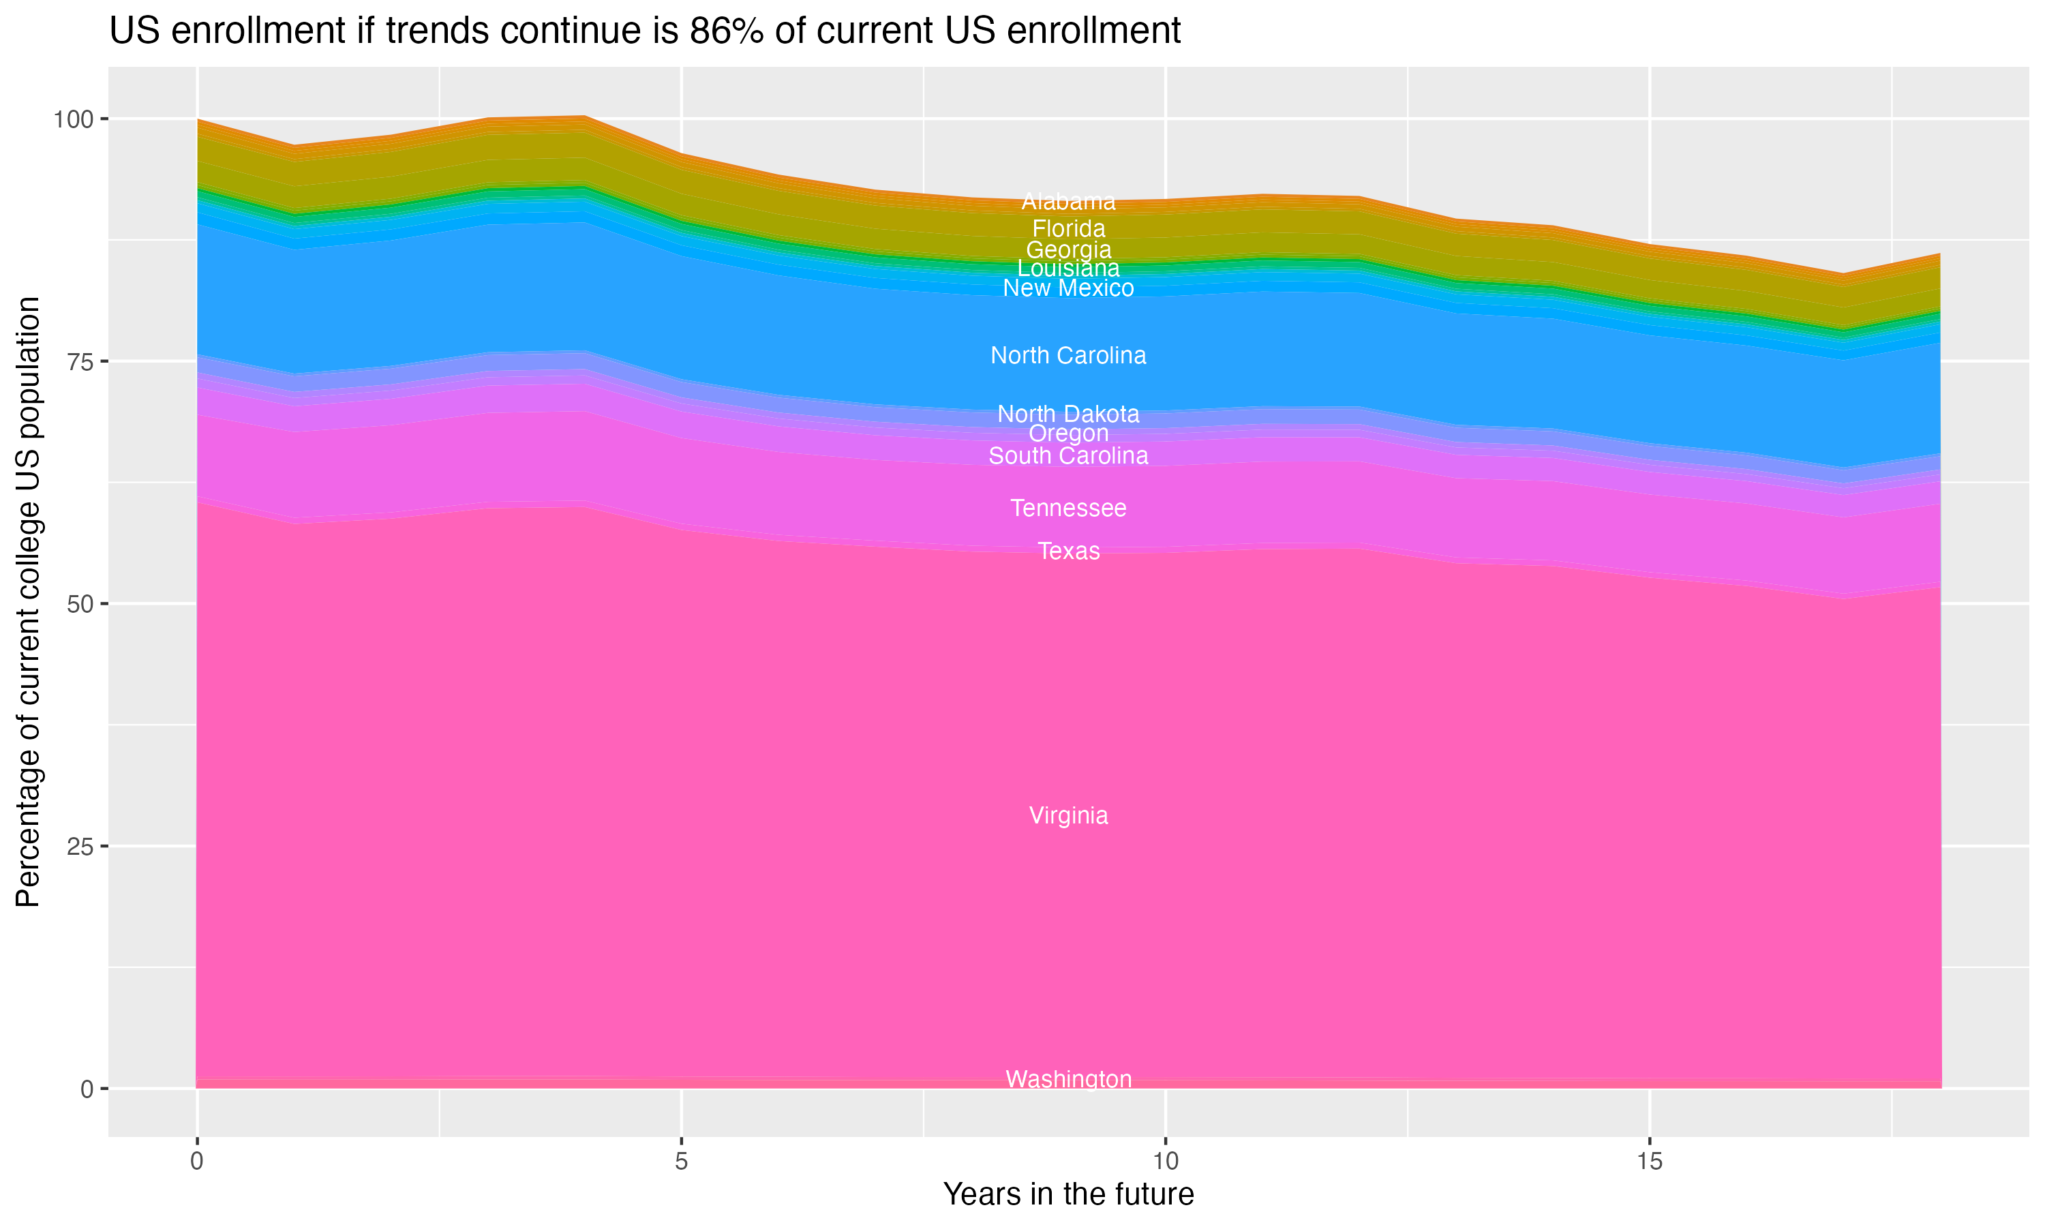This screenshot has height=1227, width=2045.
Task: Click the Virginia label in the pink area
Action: (1068, 816)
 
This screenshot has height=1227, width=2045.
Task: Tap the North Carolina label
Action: (1068, 356)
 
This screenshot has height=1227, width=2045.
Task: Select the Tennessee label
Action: (1068, 508)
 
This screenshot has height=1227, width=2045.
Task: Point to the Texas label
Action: (1068, 551)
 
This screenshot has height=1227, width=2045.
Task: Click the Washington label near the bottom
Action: (1068, 1079)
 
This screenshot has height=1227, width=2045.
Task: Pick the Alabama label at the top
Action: (1068, 201)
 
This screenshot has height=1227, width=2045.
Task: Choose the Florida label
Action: (1068, 228)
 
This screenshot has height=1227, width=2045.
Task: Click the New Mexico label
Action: (1068, 288)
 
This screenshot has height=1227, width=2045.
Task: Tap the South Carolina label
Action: (1068, 455)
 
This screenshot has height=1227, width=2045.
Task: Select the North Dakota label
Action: (1068, 413)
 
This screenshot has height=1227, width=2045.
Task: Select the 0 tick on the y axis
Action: (87, 1089)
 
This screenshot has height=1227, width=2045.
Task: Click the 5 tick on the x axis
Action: (681, 1162)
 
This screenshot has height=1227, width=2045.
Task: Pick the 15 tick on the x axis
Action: (1649, 1162)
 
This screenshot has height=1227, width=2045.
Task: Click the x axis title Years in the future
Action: (1068, 1194)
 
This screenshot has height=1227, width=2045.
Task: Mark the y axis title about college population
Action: (28, 602)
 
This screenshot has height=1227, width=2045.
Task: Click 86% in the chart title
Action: (727, 31)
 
